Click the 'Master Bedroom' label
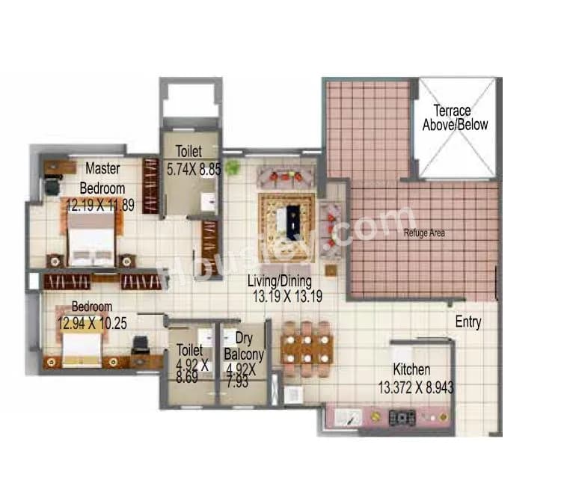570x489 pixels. [104, 177]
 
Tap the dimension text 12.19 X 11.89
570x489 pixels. [100, 204]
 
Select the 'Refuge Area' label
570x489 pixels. [424, 233]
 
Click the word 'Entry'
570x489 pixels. [468, 323]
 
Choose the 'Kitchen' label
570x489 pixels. [411, 369]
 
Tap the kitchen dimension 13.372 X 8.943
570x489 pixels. [416, 388]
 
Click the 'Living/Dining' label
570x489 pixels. [281, 282]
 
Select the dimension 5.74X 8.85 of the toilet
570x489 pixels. [194, 169]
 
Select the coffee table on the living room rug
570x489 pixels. [288, 218]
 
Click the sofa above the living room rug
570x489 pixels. [287, 177]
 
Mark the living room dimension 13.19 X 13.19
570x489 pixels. [287, 297]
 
